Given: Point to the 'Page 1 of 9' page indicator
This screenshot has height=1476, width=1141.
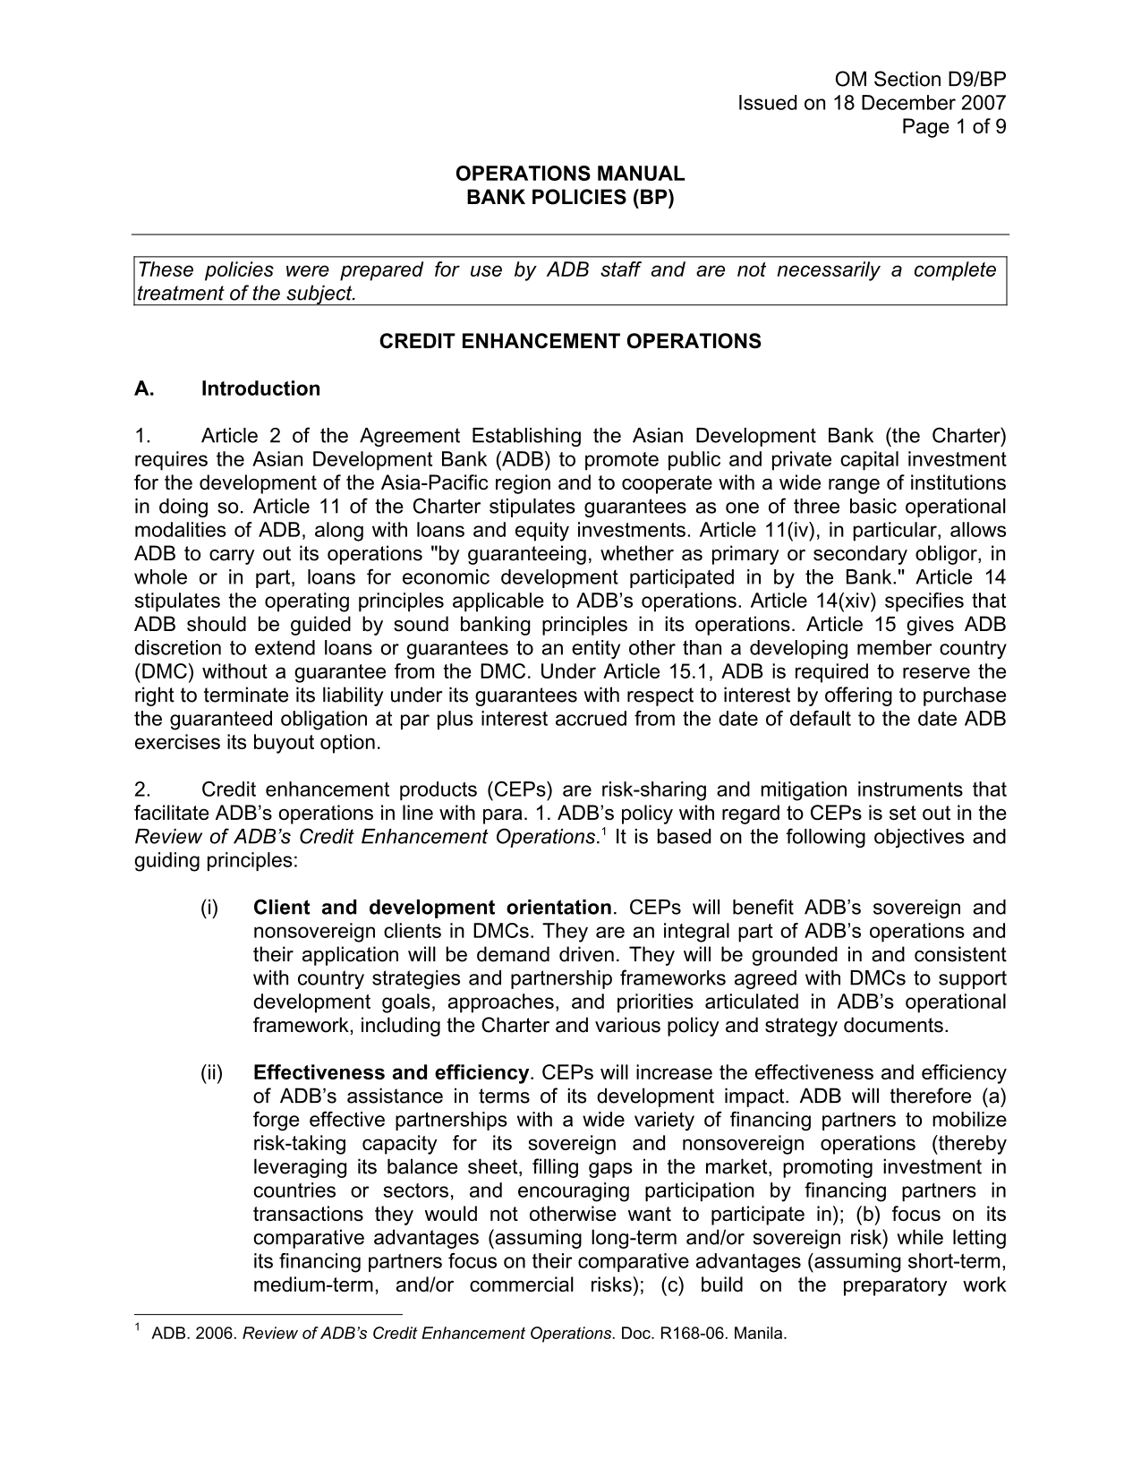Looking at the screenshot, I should [x=954, y=126].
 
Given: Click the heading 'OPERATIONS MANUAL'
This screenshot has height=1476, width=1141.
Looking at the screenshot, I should [x=570, y=174].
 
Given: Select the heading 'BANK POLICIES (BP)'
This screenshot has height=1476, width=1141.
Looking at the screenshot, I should [x=570, y=197].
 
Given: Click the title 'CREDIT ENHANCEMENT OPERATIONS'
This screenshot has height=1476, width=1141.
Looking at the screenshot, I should [x=570, y=341].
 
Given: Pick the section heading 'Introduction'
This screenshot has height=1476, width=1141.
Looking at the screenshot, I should [x=260, y=388].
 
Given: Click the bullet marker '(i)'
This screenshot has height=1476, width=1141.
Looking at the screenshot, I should [x=209, y=908].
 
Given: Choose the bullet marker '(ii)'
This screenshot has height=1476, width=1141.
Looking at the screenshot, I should [x=212, y=1072].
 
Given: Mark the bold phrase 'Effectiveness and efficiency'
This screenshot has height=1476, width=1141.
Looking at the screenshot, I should [x=391, y=1072].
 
